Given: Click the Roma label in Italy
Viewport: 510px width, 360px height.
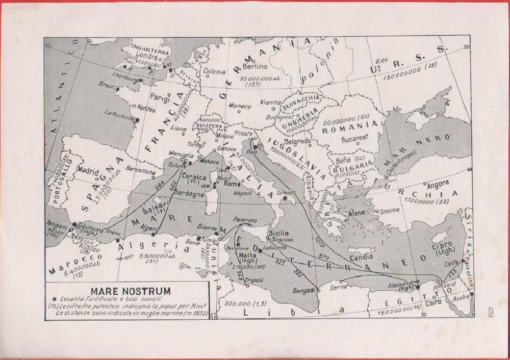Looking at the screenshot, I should click(x=232, y=183).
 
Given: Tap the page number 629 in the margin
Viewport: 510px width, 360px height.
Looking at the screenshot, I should click(x=486, y=308).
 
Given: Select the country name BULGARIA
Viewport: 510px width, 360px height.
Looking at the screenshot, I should click(x=354, y=166).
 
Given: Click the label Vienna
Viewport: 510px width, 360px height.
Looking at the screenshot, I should click(x=269, y=102).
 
